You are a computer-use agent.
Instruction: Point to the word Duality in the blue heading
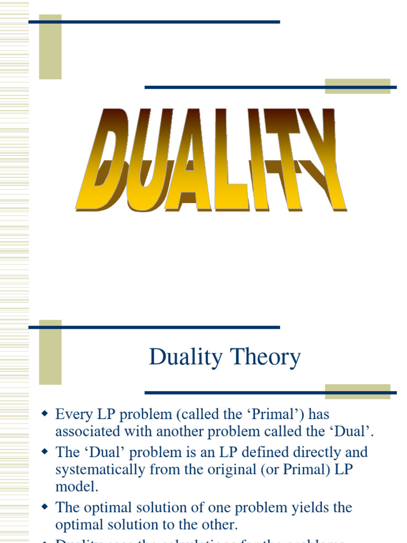pos(186,357)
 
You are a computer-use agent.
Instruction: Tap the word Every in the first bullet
pos(73,414)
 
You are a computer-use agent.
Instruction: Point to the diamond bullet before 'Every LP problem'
pos(45,413)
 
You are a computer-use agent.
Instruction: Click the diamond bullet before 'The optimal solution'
pos(45,506)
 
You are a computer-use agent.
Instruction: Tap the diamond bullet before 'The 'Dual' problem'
pos(45,452)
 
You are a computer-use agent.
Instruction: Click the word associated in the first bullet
pos(87,432)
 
